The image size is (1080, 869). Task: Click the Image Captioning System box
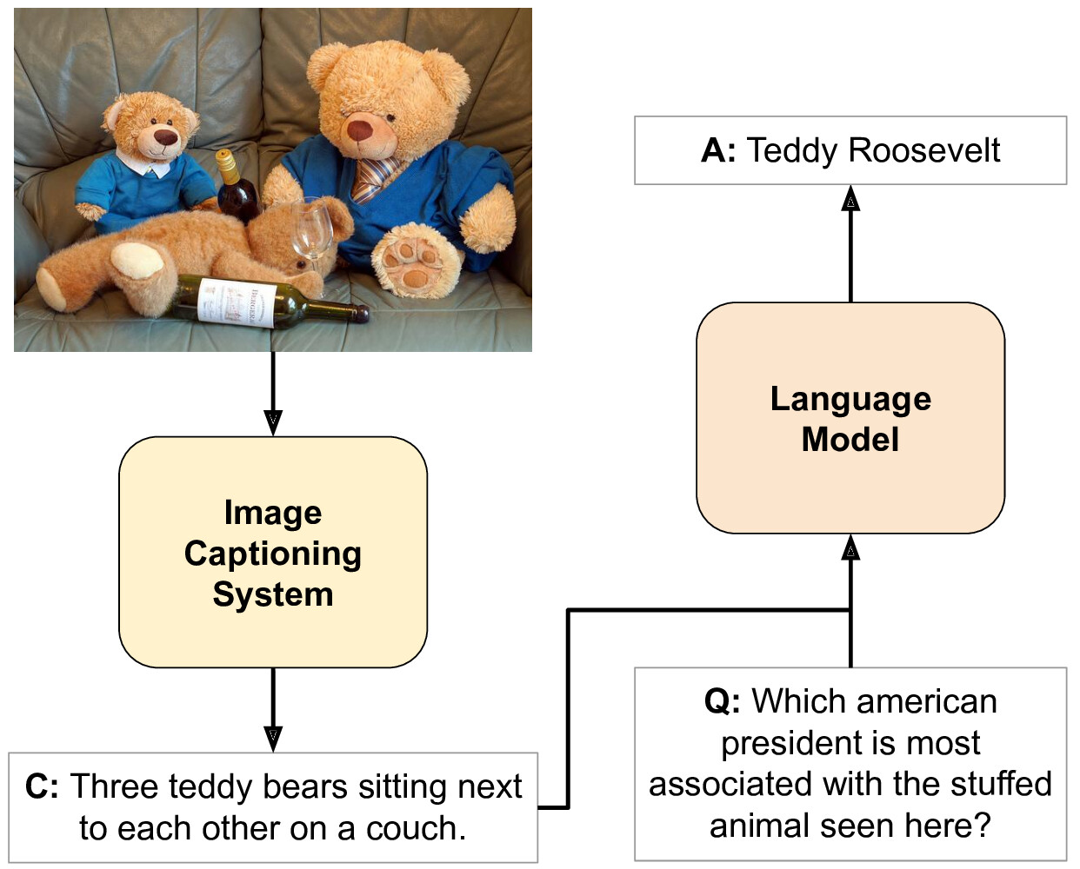coord(273,553)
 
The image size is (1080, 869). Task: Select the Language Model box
coord(850,418)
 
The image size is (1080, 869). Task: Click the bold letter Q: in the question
coord(723,701)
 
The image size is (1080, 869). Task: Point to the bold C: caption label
coord(42,786)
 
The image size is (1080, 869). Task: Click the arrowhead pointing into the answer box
coord(850,199)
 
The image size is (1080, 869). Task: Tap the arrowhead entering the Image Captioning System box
coord(273,423)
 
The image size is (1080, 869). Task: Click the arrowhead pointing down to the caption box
coord(273,740)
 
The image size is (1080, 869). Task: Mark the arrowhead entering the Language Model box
coord(850,547)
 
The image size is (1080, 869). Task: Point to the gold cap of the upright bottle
coord(226,161)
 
